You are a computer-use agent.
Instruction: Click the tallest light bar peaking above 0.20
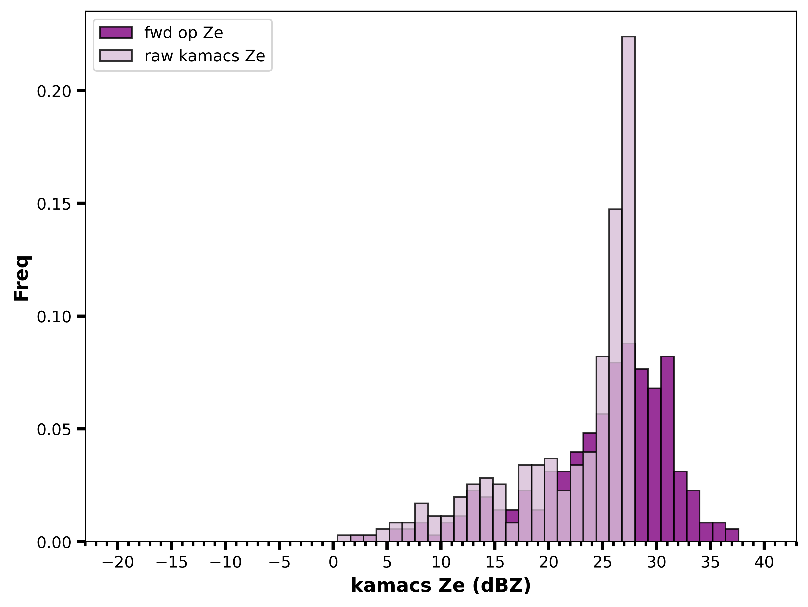point(628,289)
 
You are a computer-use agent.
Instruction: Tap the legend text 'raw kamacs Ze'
point(205,56)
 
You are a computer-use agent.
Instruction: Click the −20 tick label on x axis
point(118,563)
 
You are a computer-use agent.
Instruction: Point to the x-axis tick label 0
point(333,563)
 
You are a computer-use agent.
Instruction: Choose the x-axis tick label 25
point(602,563)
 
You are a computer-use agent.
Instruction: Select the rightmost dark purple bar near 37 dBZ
point(732,535)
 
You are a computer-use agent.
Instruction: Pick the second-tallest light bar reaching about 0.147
point(616,375)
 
